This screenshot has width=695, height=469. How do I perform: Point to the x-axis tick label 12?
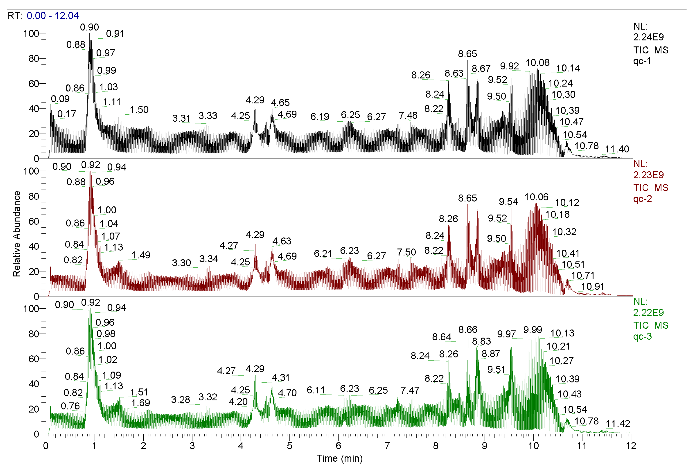pos(631,446)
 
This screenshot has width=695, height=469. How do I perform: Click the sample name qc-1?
pos(642,61)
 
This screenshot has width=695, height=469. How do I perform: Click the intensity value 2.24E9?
pos(648,37)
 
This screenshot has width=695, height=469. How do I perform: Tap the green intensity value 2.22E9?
pos(648,312)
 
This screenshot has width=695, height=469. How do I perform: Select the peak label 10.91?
pos(592,286)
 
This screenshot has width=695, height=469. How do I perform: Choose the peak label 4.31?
pos(280,378)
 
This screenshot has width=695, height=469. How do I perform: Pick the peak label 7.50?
pos(406,252)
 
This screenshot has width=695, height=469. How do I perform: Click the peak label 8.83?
pos(481,341)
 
